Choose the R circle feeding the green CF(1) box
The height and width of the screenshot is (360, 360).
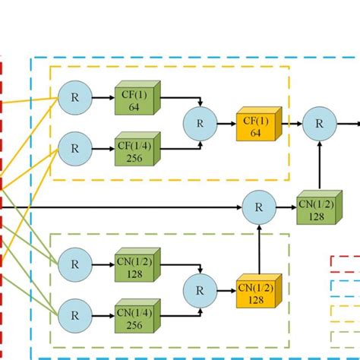[74, 97]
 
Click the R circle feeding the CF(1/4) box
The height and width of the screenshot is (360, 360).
[74, 145]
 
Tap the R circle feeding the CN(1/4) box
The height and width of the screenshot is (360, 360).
[74, 312]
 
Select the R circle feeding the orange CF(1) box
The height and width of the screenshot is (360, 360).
[200, 122]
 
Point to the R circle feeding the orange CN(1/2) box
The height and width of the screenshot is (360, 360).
[200, 289]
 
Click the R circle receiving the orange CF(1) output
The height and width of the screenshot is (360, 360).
[318, 122]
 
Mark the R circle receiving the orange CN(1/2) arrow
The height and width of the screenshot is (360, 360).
[257, 206]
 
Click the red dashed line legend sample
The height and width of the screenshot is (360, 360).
[345, 263]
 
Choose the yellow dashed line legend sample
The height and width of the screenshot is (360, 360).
[345, 310]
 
